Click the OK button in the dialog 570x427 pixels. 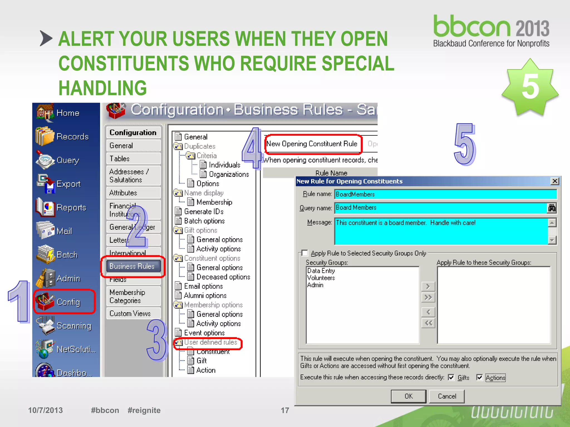408,396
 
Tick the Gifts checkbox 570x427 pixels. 451,378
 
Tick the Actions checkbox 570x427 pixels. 479,378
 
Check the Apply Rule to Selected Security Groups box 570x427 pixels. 305,253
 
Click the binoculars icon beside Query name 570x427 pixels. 552,208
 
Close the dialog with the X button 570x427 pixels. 555,181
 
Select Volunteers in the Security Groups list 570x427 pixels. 321,278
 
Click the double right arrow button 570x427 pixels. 428,297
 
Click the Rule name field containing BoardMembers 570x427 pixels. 445,194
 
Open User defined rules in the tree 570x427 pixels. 210,342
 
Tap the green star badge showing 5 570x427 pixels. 530,87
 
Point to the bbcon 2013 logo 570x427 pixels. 491,31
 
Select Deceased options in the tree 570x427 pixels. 223,277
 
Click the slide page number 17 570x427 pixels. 285,410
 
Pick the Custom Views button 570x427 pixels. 130,314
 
